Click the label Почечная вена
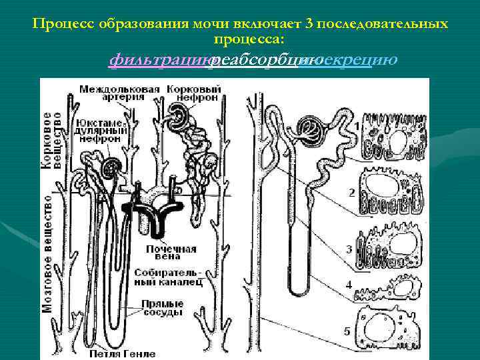pyautogui.click(x=171, y=253)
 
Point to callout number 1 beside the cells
pyautogui.click(x=357, y=125)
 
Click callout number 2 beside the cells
pyautogui.click(x=351, y=192)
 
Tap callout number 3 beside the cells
pyautogui.click(x=349, y=249)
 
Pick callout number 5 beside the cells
pyautogui.click(x=346, y=330)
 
